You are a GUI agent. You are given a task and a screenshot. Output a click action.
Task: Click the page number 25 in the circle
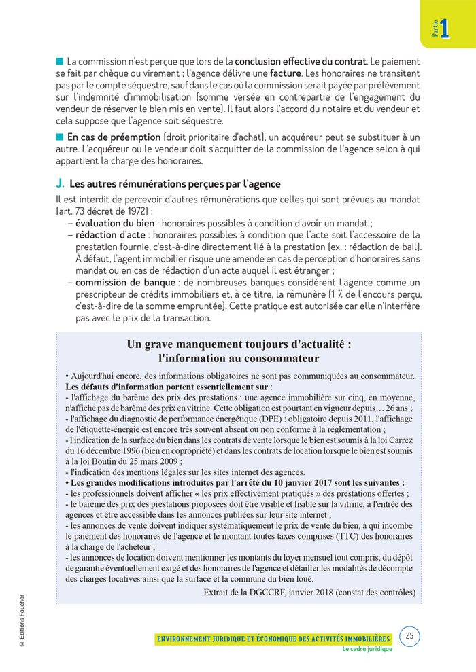[409, 636]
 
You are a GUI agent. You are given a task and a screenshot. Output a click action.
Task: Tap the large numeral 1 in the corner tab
[444, 29]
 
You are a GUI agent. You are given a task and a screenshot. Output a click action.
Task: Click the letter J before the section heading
[60, 184]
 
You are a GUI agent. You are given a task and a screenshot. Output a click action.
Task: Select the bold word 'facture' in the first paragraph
[286, 73]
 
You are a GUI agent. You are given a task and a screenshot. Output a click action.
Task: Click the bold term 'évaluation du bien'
[115, 223]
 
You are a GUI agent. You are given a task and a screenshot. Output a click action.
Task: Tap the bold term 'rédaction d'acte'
[109, 235]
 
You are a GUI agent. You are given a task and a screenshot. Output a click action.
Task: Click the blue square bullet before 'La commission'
[60, 61]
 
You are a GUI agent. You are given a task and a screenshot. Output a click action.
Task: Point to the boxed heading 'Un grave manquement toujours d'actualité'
[239, 344]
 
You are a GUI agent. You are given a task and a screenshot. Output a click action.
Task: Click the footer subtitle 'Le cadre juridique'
[367, 649]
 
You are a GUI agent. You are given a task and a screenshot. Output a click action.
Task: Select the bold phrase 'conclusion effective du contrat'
[301, 61]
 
